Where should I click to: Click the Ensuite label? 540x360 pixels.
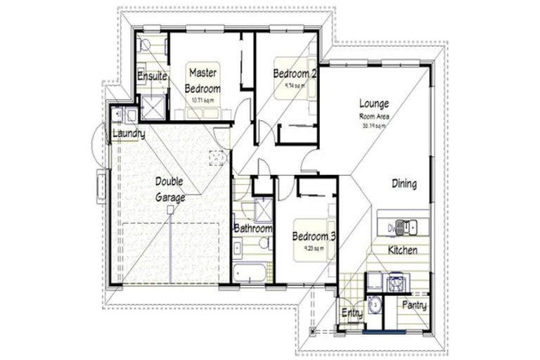[152, 76]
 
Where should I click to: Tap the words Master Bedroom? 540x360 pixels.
[203, 80]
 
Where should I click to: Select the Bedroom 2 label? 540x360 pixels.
[295, 73]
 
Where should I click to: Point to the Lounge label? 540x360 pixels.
[374, 103]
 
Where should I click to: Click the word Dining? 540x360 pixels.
[404, 184]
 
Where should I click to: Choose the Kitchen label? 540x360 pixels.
[403, 250]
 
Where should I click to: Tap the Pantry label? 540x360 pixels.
[414, 306]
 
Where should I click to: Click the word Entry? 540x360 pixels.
[351, 313]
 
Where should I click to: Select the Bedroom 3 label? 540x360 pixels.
[313, 236]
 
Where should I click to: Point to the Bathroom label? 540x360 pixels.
[253, 229]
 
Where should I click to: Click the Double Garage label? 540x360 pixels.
[170, 189]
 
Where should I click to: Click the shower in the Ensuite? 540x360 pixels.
[152, 107]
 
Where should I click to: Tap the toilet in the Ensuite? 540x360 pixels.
[145, 44]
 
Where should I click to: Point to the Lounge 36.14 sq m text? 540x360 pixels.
[374, 127]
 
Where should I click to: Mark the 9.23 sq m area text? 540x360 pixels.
[313, 248]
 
